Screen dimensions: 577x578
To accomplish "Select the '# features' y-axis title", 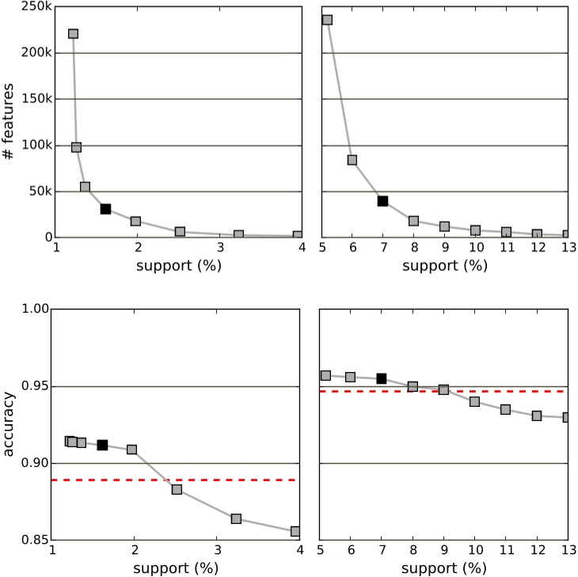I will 9,122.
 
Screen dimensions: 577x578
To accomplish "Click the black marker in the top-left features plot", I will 105,209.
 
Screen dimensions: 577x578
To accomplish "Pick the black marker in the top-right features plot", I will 382,201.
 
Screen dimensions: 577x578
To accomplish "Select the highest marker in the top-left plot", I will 73,34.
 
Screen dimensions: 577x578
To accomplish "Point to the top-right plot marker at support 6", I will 352,160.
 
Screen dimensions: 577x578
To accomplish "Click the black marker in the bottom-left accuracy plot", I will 102,445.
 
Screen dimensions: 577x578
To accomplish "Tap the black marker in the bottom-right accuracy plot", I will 382,378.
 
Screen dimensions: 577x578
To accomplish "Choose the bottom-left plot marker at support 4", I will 295,531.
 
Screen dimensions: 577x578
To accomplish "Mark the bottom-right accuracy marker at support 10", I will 474,401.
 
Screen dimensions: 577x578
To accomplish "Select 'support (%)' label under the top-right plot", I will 444,264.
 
